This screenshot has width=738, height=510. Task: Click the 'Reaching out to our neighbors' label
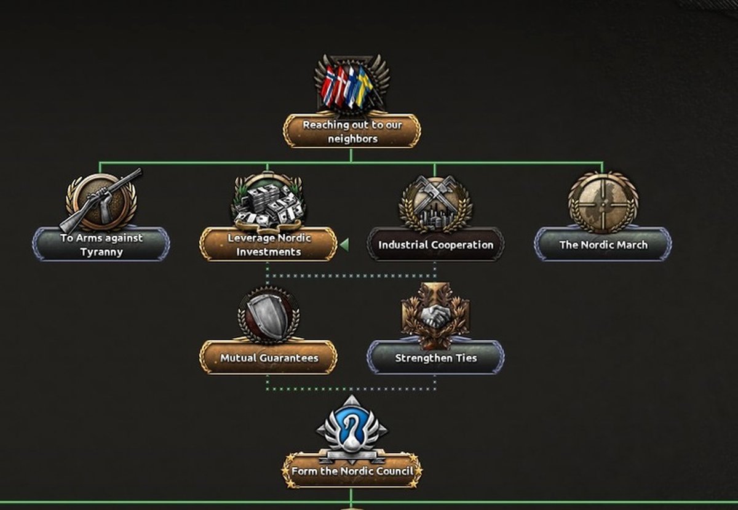click(352, 132)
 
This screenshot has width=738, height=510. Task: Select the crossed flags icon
click(352, 86)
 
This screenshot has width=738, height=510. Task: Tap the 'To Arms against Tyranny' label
click(101, 245)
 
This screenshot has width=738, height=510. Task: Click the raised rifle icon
click(101, 200)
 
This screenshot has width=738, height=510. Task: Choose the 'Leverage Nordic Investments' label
click(269, 245)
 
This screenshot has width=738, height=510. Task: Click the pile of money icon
click(268, 202)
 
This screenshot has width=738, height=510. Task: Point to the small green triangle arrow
click(344, 245)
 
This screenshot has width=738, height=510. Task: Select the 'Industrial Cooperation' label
click(435, 245)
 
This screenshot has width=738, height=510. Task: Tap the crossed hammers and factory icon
click(435, 204)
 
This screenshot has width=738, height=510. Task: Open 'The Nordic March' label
click(603, 245)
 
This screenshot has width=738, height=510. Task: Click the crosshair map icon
click(603, 201)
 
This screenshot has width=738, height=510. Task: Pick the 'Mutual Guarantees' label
click(269, 358)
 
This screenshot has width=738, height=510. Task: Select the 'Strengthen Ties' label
click(436, 358)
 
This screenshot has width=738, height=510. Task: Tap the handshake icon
click(435, 315)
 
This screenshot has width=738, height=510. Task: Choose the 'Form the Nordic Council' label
click(352, 471)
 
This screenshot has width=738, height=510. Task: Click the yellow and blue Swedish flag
click(363, 86)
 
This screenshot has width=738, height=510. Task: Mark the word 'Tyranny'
click(101, 252)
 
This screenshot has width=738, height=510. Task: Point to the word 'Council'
click(394, 471)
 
